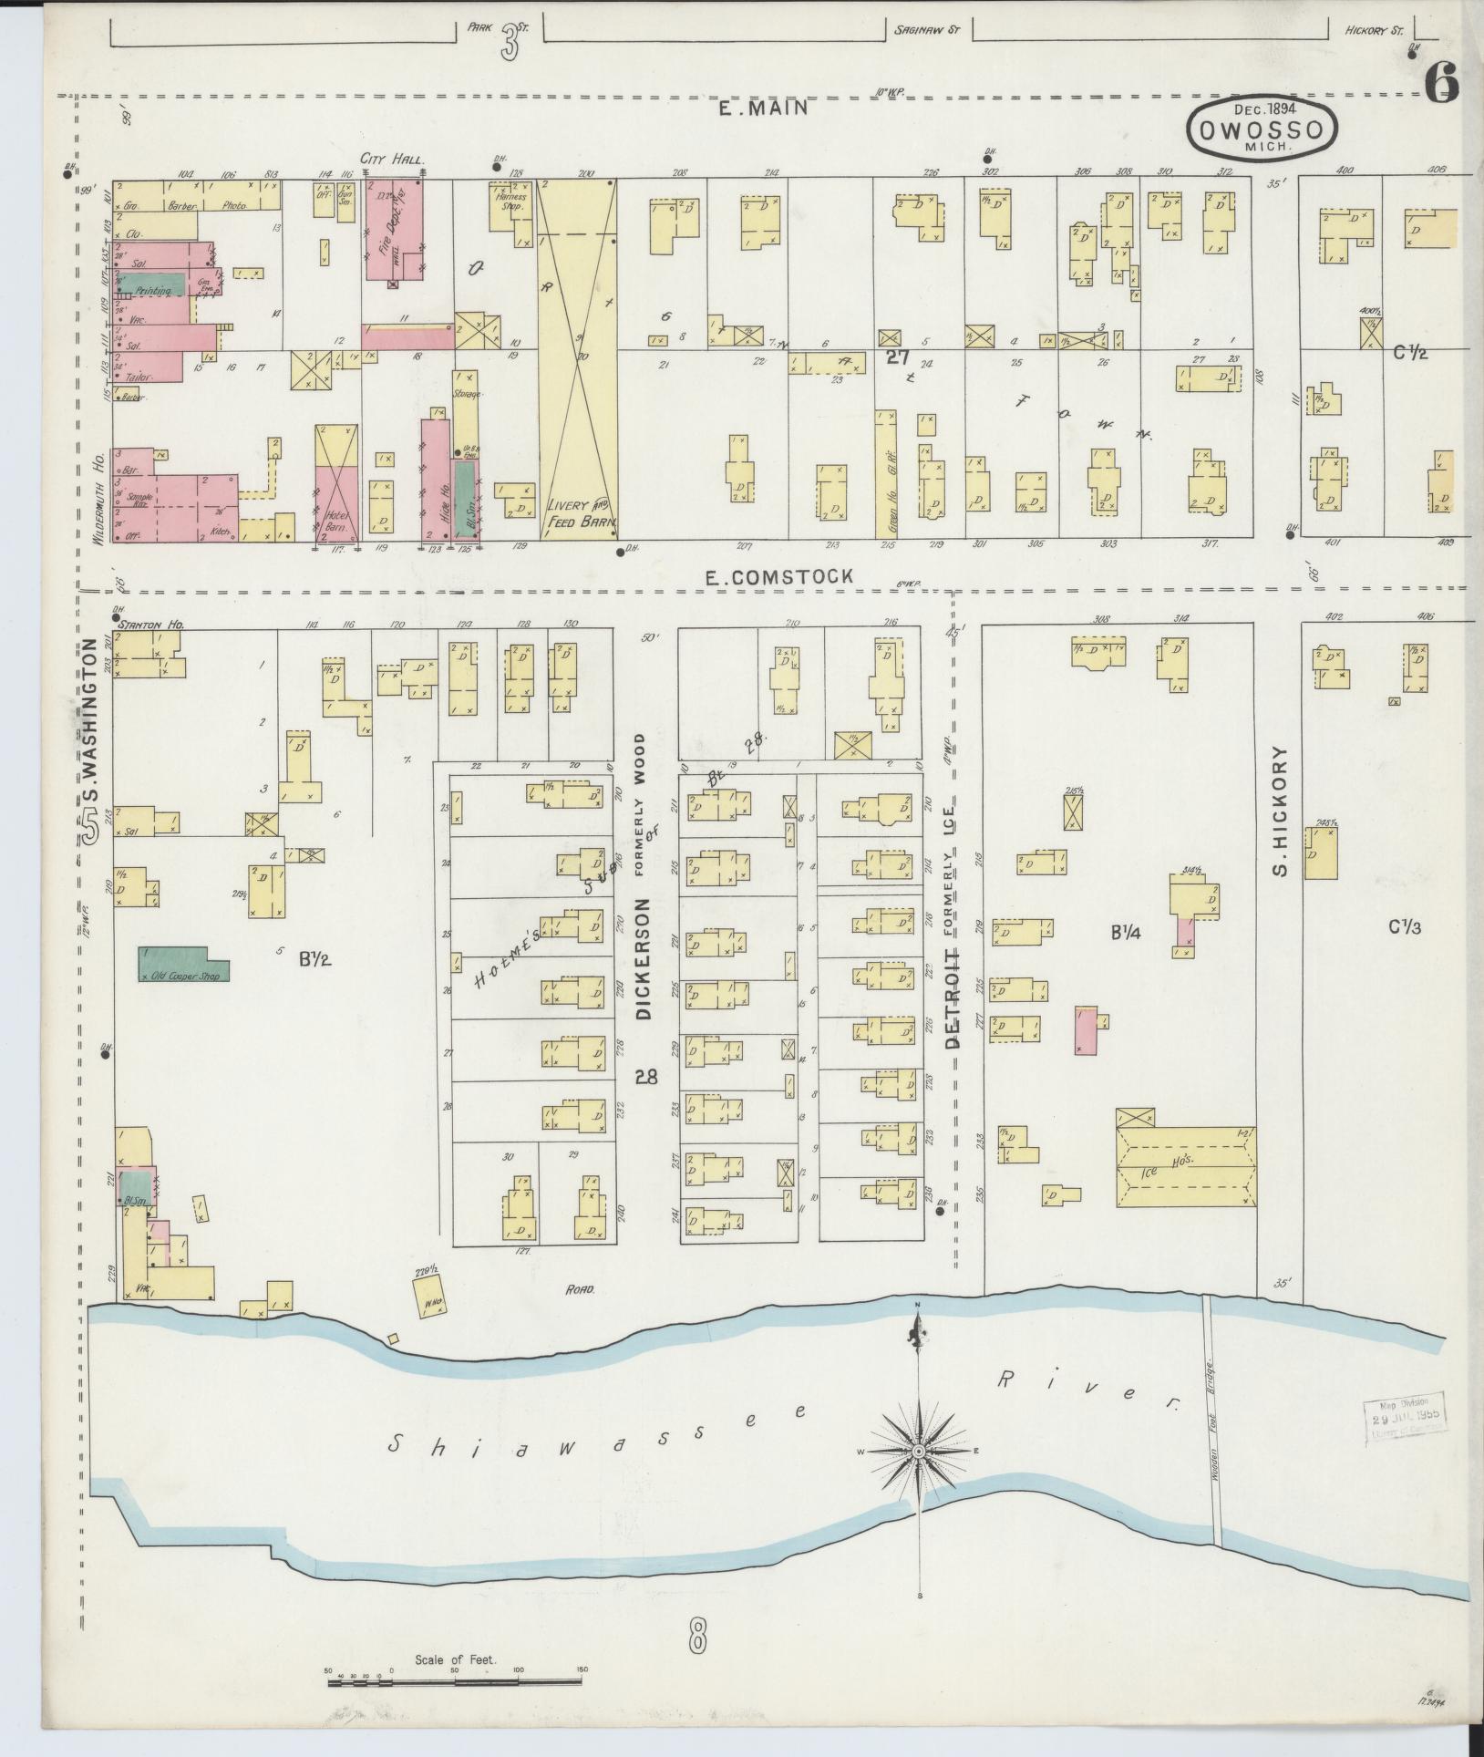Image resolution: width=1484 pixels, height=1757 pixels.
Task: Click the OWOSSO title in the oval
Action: point(1262,130)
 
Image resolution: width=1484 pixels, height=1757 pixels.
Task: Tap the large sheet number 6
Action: point(1442,86)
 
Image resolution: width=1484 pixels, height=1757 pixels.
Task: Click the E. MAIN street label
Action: point(763,109)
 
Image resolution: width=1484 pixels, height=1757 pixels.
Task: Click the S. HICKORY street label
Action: point(1280,811)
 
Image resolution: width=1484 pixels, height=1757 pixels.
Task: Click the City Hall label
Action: point(393,160)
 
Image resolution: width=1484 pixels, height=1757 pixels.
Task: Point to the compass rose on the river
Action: point(920,1450)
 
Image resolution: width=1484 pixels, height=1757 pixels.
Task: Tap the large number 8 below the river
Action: point(697,1640)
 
